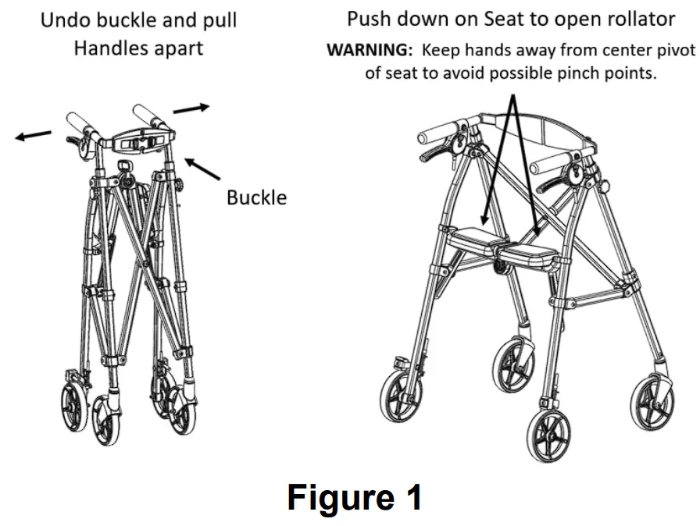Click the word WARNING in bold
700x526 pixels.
click(369, 50)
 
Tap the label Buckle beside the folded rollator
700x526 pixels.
click(256, 197)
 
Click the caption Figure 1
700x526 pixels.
click(355, 497)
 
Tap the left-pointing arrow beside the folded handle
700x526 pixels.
click(34, 136)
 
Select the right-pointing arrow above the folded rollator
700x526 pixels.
click(191, 108)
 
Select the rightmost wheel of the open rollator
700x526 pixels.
click(653, 400)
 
